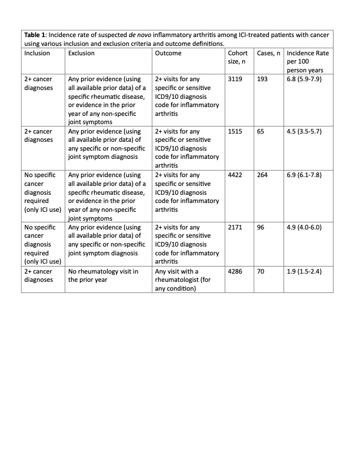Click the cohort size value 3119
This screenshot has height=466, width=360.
(236, 79)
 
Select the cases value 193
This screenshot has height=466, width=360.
(263, 79)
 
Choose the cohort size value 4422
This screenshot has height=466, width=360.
(236, 175)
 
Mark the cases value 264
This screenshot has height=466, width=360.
(263, 175)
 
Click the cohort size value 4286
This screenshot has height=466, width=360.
(236, 272)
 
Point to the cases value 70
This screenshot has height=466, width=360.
(261, 272)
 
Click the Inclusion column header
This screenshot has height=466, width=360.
(37, 53)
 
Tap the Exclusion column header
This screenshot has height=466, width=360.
(82, 53)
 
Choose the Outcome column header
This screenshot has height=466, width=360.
(168, 53)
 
